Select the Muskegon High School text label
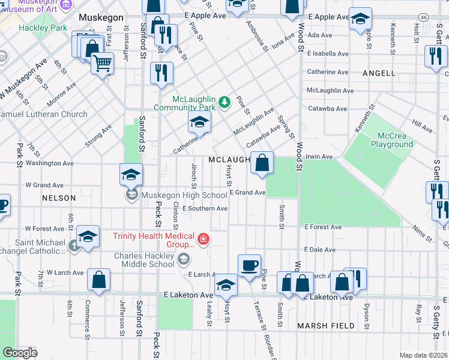(x=184, y=195)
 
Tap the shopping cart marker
(x=103, y=62)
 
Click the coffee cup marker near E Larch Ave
(x=249, y=265)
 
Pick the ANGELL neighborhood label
(x=379, y=73)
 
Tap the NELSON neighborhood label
(x=59, y=198)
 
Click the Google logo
(x=20, y=353)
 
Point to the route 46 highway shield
(x=424, y=17)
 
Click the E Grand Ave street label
(x=247, y=193)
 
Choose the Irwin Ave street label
(x=319, y=157)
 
